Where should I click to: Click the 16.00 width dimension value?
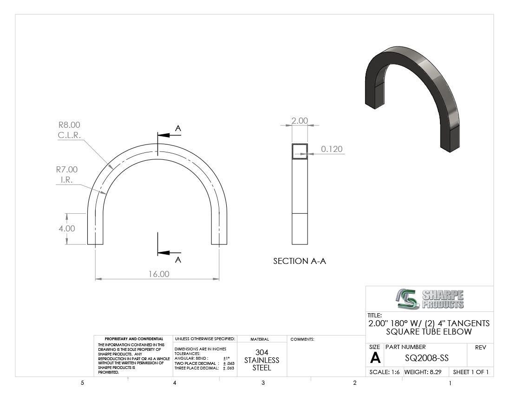point(159,274)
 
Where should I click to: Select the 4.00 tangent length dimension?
point(67,229)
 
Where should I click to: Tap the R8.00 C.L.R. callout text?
point(69,130)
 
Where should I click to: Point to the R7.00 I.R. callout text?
point(67,174)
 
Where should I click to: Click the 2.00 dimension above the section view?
point(300,120)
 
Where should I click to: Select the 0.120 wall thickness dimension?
point(332,149)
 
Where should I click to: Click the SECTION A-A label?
point(300,261)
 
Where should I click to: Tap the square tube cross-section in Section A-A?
point(300,151)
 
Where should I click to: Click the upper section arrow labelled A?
point(169,135)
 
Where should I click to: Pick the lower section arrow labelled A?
point(169,253)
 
